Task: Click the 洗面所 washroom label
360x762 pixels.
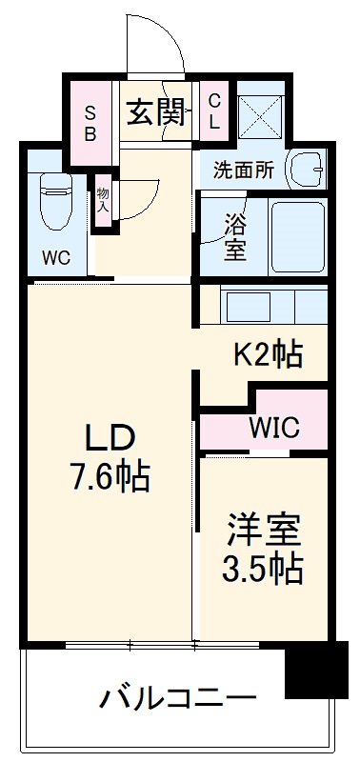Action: [x=243, y=171]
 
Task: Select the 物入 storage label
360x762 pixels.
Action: [x=103, y=199]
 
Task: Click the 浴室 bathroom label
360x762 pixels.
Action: [x=235, y=238]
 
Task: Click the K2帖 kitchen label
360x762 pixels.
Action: [x=269, y=354]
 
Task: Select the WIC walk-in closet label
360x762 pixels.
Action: [x=275, y=427]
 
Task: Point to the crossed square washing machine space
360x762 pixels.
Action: [x=261, y=119]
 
